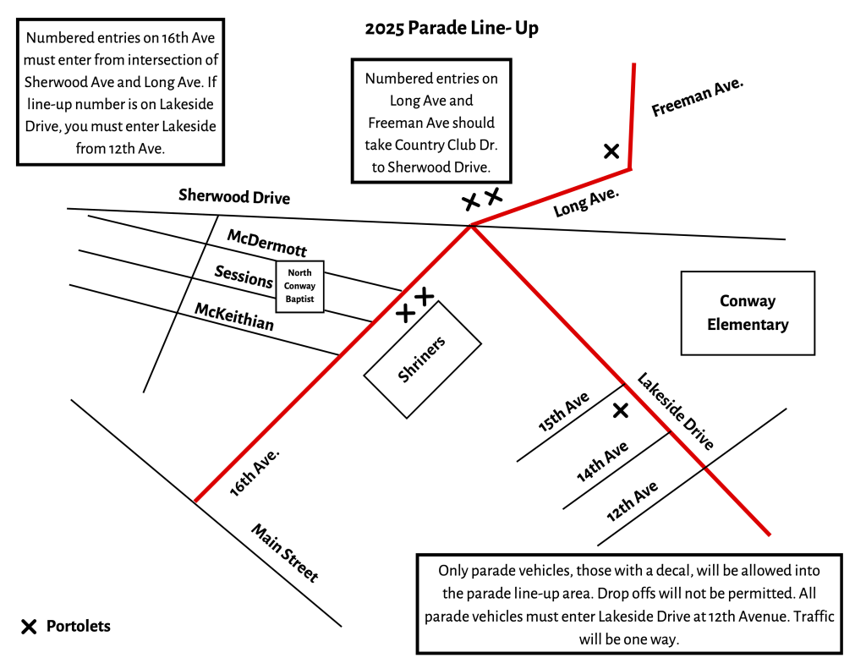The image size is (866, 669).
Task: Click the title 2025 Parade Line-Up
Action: pos(452,28)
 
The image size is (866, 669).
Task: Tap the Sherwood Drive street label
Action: pos(234,197)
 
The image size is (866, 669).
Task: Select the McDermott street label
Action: pos(266,242)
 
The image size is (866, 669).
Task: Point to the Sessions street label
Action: pos(244,277)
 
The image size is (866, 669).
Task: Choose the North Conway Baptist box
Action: pos(300,286)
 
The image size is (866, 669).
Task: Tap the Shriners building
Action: pos(422,359)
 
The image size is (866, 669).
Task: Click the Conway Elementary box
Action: pos(748,313)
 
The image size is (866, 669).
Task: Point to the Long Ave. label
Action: pos(586,204)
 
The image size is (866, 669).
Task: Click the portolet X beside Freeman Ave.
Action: pos(611,151)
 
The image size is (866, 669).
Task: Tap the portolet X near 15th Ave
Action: pos(621,410)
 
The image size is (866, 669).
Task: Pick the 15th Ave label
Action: pos(564,413)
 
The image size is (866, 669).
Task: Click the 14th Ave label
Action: pos(602,462)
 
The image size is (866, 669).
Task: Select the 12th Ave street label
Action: pos(632,502)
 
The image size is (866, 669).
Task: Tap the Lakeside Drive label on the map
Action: pos(676,411)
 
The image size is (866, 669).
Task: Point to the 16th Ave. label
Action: pos(255,472)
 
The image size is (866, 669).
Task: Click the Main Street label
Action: pos(285,553)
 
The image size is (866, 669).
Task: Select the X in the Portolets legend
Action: pos(29,627)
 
